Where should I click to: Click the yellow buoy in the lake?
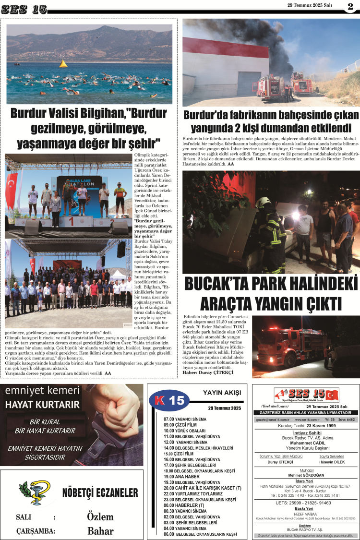[x=63, y=64]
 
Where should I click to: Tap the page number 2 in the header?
[x=349, y=7]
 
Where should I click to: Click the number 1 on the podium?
[x=72, y=222]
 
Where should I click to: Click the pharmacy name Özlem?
[x=100, y=517]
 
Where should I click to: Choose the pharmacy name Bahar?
[x=100, y=531]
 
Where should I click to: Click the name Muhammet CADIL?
[x=306, y=443]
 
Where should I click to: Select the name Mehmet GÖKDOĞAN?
[x=306, y=476]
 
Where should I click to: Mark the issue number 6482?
[x=349, y=419]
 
